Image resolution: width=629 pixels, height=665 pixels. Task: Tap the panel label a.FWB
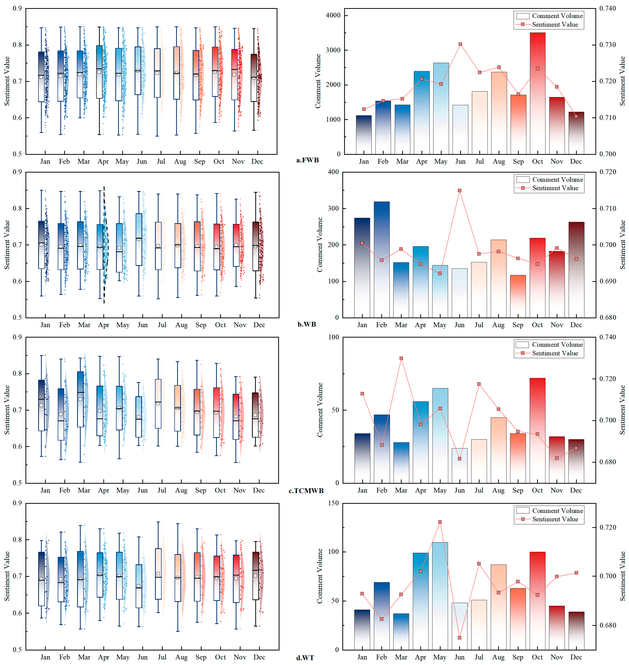307,160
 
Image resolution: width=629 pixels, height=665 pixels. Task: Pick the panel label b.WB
306,324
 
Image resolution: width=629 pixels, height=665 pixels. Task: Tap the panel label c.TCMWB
306,491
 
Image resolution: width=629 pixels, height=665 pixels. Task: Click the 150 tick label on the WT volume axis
333,503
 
